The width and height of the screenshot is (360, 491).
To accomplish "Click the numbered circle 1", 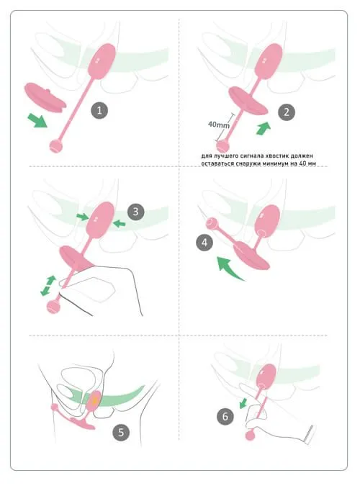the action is [x=99, y=111].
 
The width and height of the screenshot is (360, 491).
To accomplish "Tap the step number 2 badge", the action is [x=287, y=112].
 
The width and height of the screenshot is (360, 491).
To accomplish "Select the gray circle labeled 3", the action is [x=135, y=212].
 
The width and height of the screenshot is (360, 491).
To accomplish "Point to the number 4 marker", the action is [x=204, y=243].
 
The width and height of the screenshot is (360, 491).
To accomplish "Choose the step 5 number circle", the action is [x=121, y=433].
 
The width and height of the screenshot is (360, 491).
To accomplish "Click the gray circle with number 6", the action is [x=225, y=416].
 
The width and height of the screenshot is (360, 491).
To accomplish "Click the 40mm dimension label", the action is [x=218, y=125].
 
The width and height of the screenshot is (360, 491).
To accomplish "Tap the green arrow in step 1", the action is [x=37, y=120].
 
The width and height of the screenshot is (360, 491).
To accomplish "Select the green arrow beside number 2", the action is [x=264, y=128].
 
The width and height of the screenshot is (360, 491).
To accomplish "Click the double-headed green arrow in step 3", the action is [x=48, y=286].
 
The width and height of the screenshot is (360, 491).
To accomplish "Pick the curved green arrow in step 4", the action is [x=229, y=268].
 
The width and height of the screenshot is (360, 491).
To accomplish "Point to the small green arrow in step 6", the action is [x=243, y=403].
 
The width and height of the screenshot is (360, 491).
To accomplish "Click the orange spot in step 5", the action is [x=94, y=400].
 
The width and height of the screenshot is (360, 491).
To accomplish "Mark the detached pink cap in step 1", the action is [x=45, y=97].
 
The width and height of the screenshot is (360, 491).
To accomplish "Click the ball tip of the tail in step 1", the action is [x=56, y=146].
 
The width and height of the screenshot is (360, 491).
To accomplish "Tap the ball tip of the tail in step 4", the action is [x=212, y=224].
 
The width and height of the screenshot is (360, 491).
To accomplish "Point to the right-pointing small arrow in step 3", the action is [x=83, y=217].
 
